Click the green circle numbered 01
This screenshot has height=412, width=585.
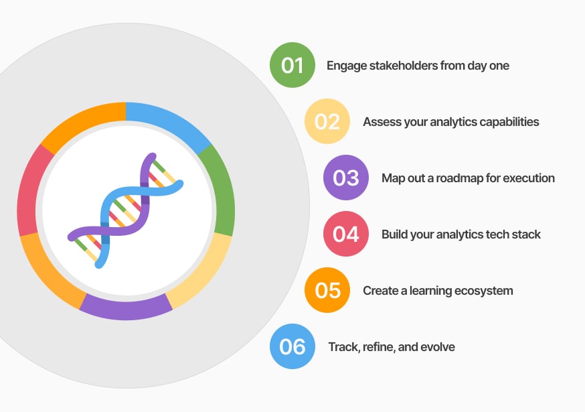(292, 65)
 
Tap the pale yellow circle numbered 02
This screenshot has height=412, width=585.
(327, 121)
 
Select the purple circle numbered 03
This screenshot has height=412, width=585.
(346, 178)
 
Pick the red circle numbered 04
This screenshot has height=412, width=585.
(346, 234)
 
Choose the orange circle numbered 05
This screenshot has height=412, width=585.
(327, 290)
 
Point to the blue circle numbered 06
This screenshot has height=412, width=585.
(292, 346)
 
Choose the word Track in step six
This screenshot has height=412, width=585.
(341, 347)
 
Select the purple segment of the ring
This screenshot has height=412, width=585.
(126, 310)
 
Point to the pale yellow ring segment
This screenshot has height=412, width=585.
(203, 274)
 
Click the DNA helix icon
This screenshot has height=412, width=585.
(126, 210)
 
